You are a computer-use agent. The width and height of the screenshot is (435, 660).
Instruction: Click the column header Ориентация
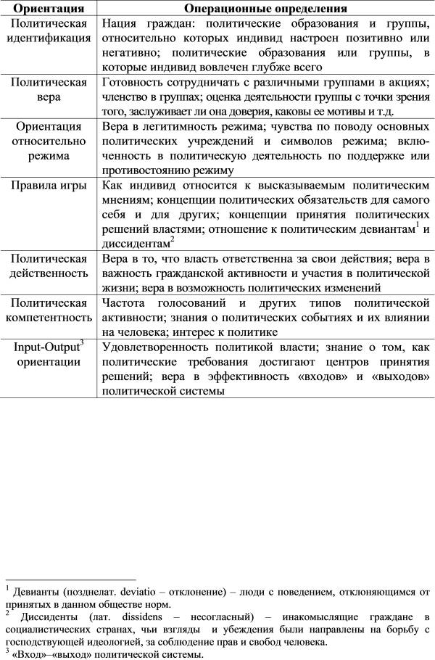48,9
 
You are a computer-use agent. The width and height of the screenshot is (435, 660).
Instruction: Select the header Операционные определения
265,9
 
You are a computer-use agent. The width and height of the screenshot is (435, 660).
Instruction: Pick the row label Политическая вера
48,88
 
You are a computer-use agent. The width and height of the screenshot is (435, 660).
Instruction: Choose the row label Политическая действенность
48,266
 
